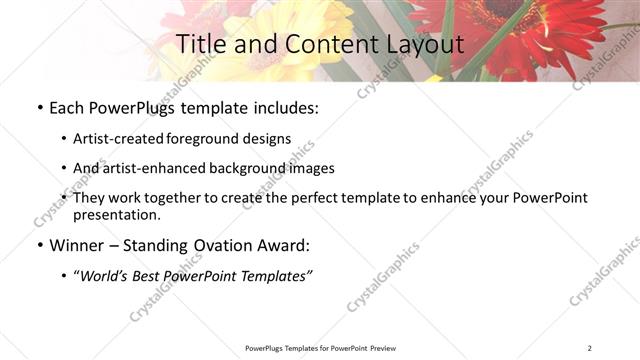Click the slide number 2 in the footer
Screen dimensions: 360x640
tap(590, 348)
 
